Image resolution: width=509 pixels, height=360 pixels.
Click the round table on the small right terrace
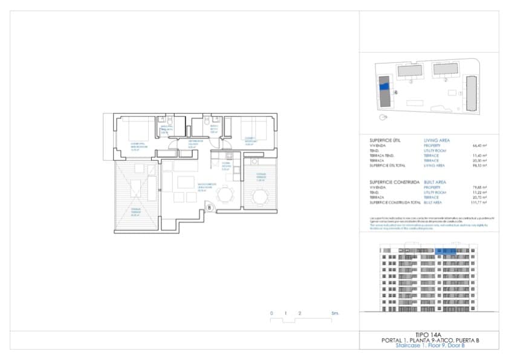click(260, 197)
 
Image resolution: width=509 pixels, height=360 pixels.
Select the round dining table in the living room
click(225, 194)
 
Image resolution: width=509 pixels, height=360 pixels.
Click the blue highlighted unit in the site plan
click(383, 86)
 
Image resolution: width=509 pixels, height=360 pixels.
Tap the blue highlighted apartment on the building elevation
click(447, 250)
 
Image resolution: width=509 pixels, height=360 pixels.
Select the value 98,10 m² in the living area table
click(480, 165)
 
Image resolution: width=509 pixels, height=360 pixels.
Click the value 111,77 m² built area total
click(479, 203)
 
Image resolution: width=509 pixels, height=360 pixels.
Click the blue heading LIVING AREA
click(436, 140)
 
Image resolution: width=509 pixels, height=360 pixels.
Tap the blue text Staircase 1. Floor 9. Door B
click(429, 345)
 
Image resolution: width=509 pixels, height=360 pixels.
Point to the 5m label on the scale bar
click(335, 313)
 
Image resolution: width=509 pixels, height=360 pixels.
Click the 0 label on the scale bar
click(272, 313)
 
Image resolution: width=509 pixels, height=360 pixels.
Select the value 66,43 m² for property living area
click(480, 146)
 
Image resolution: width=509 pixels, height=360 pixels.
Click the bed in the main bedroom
click(138, 129)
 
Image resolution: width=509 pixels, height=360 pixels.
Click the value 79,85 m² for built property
click(480, 188)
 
